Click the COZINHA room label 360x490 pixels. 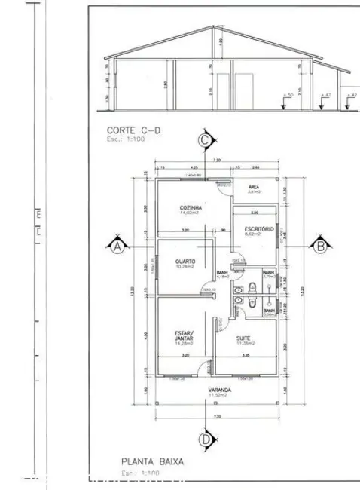[x=188, y=207]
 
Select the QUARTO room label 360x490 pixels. [x=184, y=261]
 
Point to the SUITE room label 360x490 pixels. [x=243, y=338]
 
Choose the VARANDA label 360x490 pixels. [x=220, y=390]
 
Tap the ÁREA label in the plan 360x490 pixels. [x=254, y=188]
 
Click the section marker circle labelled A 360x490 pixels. [x=116, y=246]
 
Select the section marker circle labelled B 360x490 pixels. [x=319, y=246]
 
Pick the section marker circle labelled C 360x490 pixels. [x=203, y=139]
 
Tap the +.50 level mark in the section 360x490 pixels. [x=289, y=96]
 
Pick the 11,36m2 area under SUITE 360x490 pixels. [x=243, y=344]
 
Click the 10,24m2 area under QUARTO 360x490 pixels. [x=184, y=267]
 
